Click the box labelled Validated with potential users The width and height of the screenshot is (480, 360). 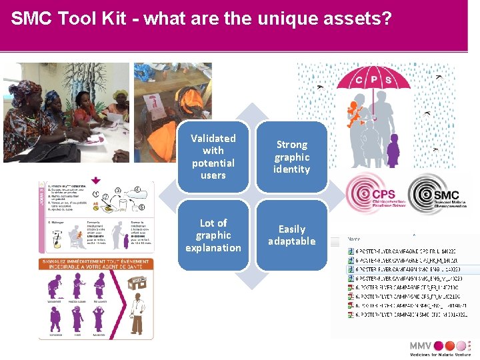tap(213, 157)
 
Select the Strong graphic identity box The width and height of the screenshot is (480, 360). tap(292, 157)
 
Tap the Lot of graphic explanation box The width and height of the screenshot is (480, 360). tap(213, 235)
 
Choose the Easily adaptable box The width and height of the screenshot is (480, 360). tap(292, 235)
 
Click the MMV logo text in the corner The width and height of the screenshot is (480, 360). tap(421, 346)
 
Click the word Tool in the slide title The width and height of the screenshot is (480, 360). tap(85, 19)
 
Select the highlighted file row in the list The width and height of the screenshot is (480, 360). tap(407, 269)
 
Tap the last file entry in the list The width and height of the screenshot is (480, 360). tap(407, 314)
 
